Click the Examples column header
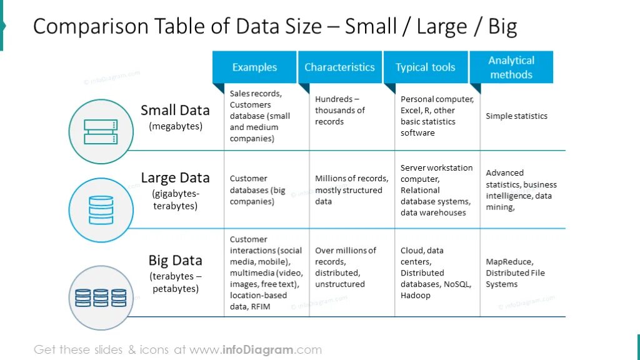point(254,67)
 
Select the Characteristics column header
point(339,67)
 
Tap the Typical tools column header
point(425,67)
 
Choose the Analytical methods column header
point(511,67)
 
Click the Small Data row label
point(175,111)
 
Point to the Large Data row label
point(175,178)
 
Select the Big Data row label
point(175,261)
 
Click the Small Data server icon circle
point(101,131)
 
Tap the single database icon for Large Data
point(101,209)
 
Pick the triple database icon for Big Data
point(101,297)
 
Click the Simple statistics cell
point(516,116)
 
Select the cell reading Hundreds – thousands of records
point(339,111)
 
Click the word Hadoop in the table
point(416,296)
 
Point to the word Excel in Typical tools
point(410,111)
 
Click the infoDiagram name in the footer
point(258,350)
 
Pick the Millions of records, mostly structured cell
point(348,190)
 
